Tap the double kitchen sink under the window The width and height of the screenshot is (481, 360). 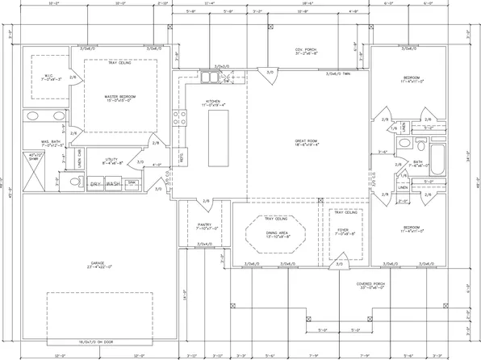209,78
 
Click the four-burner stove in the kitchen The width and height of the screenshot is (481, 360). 229,79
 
